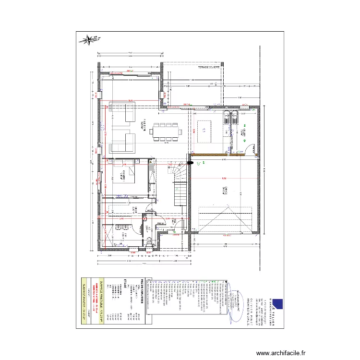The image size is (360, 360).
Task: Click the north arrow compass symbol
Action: pyautogui.click(x=89, y=40)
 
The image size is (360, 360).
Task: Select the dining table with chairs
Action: pyautogui.click(x=167, y=131)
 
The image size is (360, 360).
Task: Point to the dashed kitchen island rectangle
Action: pyautogui.click(x=204, y=131)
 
